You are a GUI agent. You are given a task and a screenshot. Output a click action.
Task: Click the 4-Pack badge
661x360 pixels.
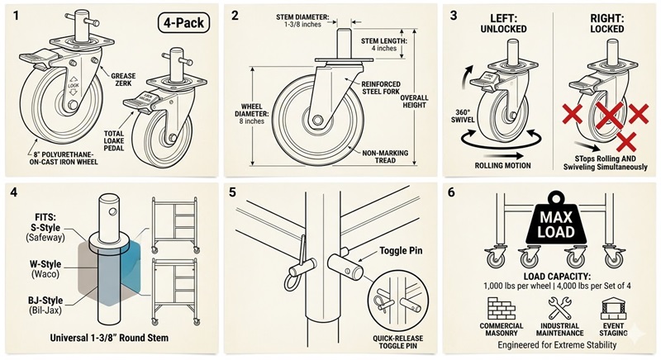pyautogui.click(x=183, y=23)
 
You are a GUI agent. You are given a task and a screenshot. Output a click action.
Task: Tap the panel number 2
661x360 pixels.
pyautogui.click(x=235, y=15)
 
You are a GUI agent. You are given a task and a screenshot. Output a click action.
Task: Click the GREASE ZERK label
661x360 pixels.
pyautogui.click(x=123, y=81)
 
